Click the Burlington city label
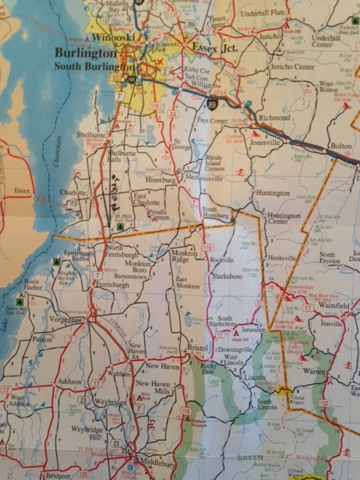84,54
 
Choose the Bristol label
197,349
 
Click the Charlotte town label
73,192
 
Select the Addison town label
69,381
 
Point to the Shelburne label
92,135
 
